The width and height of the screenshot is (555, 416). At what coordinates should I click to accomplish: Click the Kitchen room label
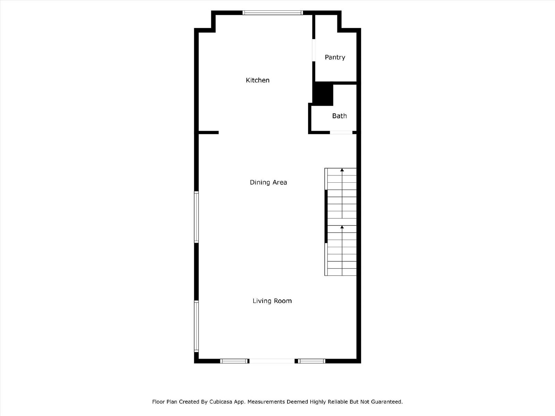pyautogui.click(x=257, y=80)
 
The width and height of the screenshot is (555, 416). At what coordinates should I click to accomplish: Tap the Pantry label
pyautogui.click(x=335, y=58)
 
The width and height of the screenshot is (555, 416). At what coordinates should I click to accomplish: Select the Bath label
pyautogui.click(x=339, y=116)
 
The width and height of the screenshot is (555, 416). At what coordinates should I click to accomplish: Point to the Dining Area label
pyautogui.click(x=268, y=182)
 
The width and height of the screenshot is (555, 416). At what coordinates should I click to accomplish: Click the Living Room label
pyautogui.click(x=272, y=301)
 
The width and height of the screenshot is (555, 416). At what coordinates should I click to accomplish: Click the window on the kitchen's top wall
pyautogui.click(x=273, y=12)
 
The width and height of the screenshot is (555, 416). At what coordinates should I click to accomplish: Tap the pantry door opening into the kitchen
pyautogui.click(x=314, y=50)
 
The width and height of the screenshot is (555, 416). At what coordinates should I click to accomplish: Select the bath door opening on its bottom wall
pyautogui.click(x=341, y=132)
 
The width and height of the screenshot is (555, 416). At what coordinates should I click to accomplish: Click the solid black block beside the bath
pyautogui.click(x=323, y=94)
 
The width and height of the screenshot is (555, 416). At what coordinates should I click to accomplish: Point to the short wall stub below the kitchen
pyautogui.click(x=208, y=132)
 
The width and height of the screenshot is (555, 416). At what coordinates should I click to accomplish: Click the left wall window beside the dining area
pyautogui.click(x=196, y=217)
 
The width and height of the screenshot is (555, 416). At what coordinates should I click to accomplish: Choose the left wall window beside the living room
pyautogui.click(x=196, y=326)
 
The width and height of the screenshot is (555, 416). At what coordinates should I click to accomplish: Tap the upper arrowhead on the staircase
pyautogui.click(x=342, y=170)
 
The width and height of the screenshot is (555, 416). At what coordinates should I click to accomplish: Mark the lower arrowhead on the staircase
pyautogui.click(x=342, y=227)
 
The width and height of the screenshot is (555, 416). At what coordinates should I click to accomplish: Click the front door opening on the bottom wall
pyautogui.click(x=272, y=361)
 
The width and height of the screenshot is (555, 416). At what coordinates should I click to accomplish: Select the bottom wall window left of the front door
pyautogui.click(x=234, y=361)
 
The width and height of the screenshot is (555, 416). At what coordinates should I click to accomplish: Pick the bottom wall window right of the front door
pyautogui.click(x=311, y=361)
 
